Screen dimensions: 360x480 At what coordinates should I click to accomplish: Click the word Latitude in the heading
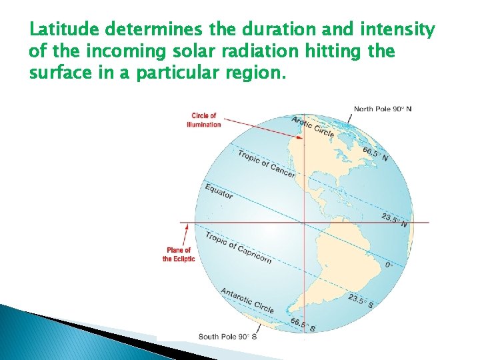pos(63,31)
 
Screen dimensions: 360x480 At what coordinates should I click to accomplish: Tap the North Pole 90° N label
pos(383,109)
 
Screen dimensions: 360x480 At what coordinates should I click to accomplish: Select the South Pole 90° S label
pos(227,337)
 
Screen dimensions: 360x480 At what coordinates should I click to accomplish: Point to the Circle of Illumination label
pos(204,120)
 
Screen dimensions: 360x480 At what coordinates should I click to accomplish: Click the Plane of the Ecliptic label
pos(179,255)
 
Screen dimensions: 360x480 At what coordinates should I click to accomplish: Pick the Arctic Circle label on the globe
pos(313,127)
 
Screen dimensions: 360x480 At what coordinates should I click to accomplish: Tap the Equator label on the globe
pos(219,191)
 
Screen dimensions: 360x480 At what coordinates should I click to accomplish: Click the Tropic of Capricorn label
pos(238,247)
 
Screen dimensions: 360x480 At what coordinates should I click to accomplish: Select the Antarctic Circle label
pos(247,300)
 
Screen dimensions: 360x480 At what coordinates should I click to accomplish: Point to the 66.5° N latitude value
pos(375,154)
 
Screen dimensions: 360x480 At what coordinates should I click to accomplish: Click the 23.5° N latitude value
pos(395,220)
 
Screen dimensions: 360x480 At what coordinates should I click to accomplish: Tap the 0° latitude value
pos(389,265)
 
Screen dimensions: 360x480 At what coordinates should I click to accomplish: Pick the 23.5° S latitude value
pos(361,301)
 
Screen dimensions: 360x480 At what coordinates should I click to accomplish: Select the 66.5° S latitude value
pos(303,325)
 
